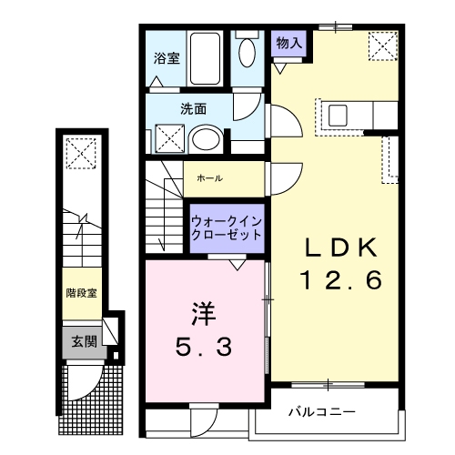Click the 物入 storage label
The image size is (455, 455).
click(x=290, y=43)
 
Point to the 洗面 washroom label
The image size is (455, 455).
click(x=193, y=108)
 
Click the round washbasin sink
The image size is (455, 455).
click(x=207, y=139)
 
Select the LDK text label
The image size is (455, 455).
click(x=335, y=248)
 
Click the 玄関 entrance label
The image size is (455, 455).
click(x=83, y=341)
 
